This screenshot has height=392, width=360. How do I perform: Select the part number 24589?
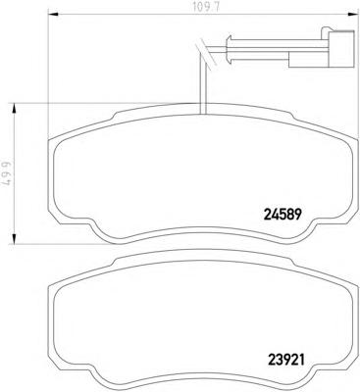[282, 215]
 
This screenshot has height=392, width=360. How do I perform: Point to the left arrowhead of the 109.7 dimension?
[53, 15]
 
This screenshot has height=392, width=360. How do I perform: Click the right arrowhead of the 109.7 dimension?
[352, 15]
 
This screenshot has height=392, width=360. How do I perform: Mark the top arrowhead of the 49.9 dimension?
[15, 109]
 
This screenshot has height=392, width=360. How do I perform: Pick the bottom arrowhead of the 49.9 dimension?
[15, 238]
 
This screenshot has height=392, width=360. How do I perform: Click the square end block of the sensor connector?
[341, 50]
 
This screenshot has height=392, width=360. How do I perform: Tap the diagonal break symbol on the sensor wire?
[205, 53]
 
